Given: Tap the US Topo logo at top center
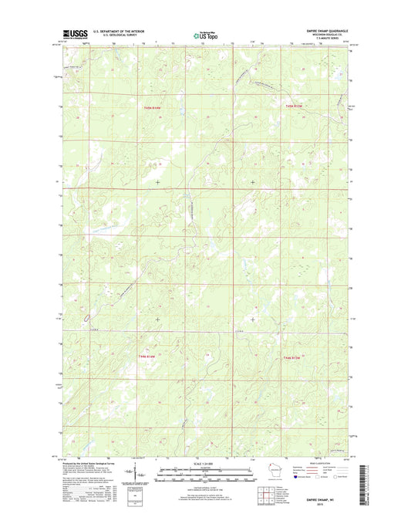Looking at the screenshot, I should (x=205, y=35).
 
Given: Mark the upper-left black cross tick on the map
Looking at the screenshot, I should (x=158, y=182).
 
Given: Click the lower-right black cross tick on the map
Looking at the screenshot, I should (x=253, y=318).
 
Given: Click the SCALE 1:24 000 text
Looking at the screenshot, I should (x=205, y=463).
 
